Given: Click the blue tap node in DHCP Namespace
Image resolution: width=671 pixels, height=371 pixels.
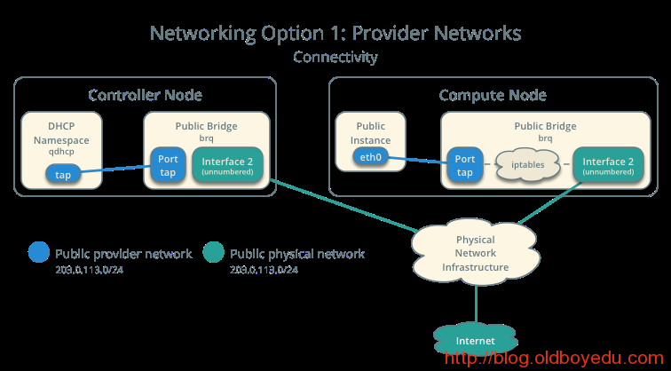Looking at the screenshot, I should click(63, 174).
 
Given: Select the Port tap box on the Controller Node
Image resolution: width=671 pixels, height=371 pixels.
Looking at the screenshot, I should click(168, 165).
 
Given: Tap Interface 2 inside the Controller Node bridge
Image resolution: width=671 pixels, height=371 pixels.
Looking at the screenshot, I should click(226, 165).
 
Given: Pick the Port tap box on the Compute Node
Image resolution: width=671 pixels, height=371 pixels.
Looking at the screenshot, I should click(464, 165).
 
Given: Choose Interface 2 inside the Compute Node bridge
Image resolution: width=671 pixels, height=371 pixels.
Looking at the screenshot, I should click(608, 165).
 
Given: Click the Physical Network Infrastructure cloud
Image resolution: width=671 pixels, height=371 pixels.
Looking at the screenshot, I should click(476, 253).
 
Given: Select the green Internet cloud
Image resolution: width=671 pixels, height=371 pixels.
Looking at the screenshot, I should click(476, 341).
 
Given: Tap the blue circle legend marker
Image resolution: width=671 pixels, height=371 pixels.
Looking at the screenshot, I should click(38, 253).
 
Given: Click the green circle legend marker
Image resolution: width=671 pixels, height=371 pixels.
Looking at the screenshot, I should click(213, 253).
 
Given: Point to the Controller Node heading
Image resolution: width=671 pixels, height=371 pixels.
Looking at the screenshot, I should click(145, 95).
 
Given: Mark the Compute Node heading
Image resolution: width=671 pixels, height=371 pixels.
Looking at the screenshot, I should click(493, 95).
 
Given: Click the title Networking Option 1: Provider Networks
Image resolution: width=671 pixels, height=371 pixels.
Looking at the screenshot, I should click(335, 34).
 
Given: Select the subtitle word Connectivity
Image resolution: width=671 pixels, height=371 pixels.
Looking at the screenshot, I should click(335, 57).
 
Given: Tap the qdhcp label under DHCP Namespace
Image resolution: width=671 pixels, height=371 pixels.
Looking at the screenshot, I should click(62, 152).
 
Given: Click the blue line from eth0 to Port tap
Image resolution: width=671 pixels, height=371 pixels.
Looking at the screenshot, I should click(417, 160).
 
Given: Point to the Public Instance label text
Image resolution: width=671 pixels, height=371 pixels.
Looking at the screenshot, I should click(370, 133).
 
